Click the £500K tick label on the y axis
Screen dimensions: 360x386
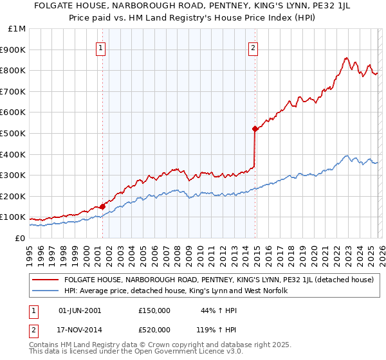tap(14, 133)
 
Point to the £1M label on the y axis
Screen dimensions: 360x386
tap(17, 28)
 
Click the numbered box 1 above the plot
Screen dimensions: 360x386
tap(102, 47)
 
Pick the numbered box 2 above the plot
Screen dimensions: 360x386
tap(253, 47)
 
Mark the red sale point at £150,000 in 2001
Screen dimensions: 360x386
tap(102, 206)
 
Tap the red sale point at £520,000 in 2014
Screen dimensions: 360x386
tap(255, 129)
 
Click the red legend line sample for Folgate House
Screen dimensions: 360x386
tap(46, 280)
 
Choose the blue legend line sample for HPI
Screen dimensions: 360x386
tap(46, 291)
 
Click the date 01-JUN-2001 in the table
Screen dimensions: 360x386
tap(80, 310)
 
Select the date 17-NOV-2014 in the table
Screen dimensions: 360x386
tap(80, 329)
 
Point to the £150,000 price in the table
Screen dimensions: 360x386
tap(154, 310)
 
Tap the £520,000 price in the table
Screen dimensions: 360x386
tap(154, 329)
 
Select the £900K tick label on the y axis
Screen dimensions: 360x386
tap(14, 50)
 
